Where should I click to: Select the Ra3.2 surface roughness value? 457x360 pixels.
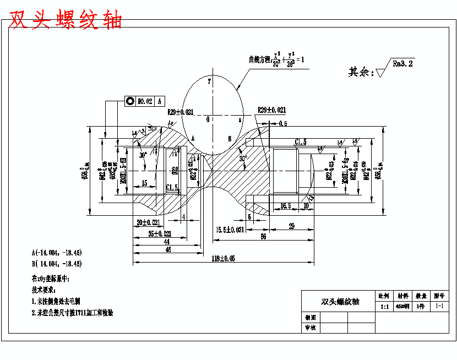click(x=403, y=64)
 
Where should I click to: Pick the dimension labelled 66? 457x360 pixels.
click(x=263, y=236)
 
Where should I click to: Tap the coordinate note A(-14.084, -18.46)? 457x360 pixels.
click(x=57, y=253)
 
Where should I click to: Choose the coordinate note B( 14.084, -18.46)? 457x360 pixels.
click(x=57, y=264)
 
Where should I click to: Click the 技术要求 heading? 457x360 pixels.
click(x=44, y=290)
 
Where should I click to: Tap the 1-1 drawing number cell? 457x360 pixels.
click(x=439, y=306)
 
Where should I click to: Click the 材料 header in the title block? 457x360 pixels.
click(x=403, y=296)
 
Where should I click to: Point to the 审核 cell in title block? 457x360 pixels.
click(x=310, y=328)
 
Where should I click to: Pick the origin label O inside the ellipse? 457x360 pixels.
click(x=208, y=119)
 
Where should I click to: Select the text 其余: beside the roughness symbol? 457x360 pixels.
click(x=360, y=72)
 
